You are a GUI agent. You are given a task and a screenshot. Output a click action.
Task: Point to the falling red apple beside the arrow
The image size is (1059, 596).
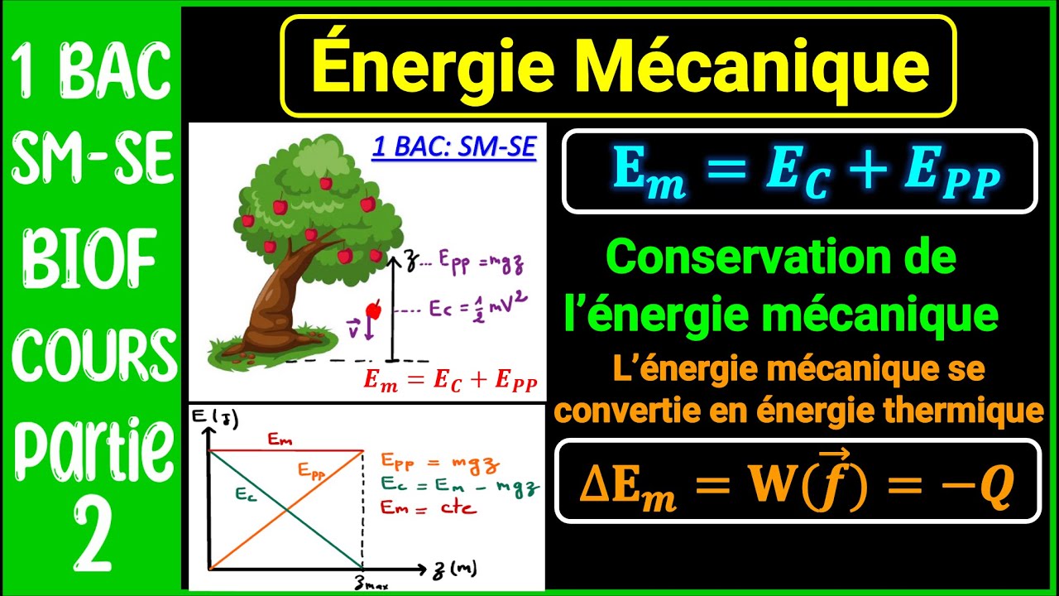[373, 310]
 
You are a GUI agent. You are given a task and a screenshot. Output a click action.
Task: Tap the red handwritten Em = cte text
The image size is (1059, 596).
[429, 508]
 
